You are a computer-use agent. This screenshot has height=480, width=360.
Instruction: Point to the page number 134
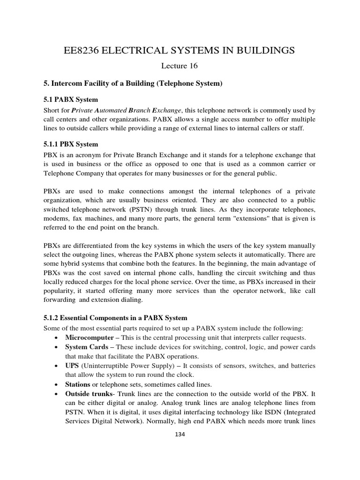point(180,435)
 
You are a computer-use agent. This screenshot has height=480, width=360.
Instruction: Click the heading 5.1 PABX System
point(70,100)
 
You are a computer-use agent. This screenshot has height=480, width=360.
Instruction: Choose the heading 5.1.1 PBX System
point(74,144)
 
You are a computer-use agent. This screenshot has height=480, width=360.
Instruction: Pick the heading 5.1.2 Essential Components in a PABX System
point(114,318)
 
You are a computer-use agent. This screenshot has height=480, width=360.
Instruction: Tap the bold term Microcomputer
point(90,337)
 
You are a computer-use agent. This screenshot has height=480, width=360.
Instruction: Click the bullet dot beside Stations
point(57,384)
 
